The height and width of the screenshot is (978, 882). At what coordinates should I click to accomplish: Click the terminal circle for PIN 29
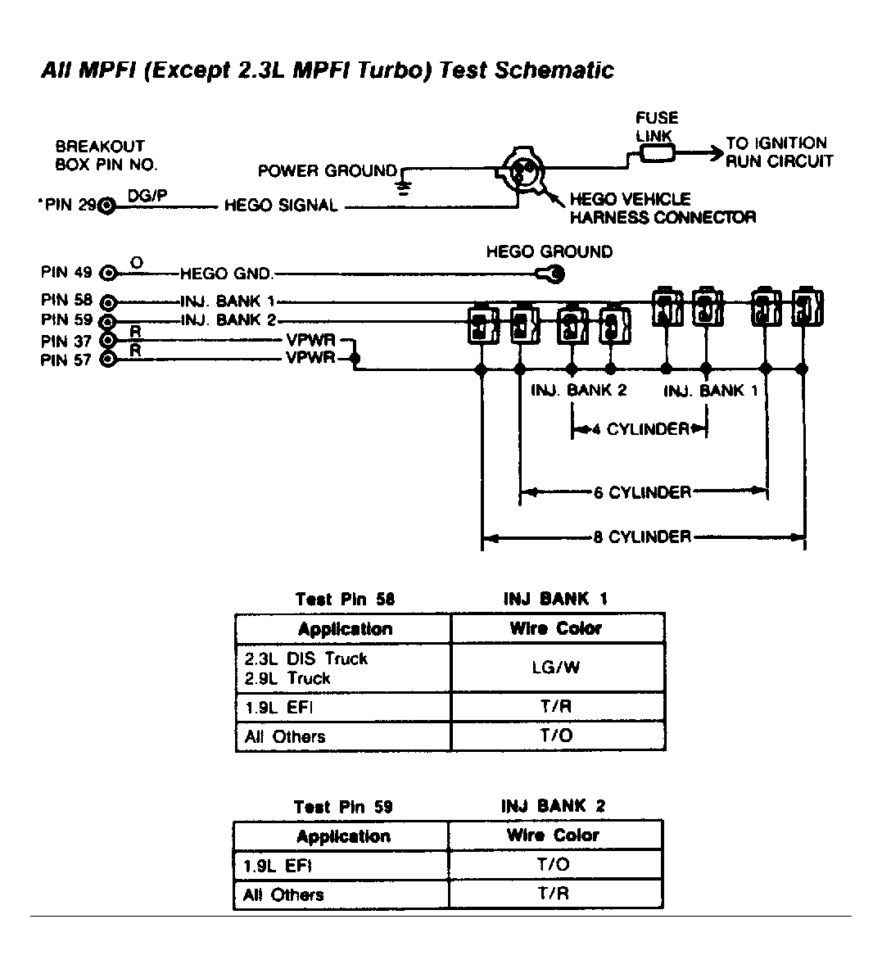pyautogui.click(x=106, y=206)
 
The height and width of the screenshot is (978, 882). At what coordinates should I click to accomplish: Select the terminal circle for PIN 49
pyautogui.click(x=107, y=274)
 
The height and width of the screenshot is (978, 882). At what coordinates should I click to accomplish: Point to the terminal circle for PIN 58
pyautogui.click(x=107, y=301)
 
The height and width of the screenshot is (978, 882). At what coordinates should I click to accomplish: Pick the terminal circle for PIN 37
pyautogui.click(x=107, y=340)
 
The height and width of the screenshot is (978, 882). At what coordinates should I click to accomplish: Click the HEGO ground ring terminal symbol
pyautogui.click(x=551, y=275)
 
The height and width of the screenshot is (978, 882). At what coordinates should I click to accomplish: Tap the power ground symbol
pyautogui.click(x=402, y=187)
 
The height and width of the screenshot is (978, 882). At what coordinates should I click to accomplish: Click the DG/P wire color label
pyautogui.click(x=147, y=197)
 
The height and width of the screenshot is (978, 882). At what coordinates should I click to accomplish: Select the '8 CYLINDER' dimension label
pyautogui.click(x=641, y=537)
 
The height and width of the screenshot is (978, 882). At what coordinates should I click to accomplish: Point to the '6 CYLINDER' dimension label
pyautogui.click(x=643, y=492)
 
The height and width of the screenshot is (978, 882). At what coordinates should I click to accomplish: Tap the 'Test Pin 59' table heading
pyautogui.click(x=343, y=807)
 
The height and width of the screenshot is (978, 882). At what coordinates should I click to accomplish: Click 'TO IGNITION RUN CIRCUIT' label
pyautogui.click(x=778, y=152)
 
